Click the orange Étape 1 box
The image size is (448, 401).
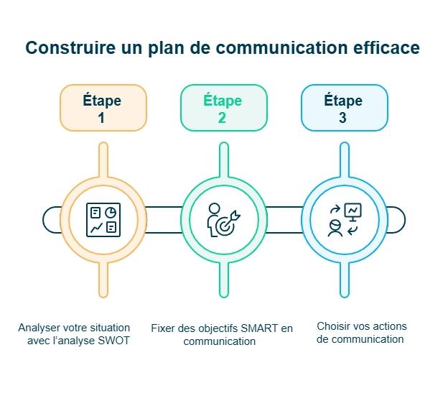click(103, 108)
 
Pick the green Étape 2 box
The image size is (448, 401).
click(223, 108)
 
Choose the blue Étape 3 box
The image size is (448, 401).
click(344, 108)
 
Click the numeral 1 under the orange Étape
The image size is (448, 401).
click(101, 118)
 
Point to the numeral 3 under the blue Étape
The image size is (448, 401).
click(343, 118)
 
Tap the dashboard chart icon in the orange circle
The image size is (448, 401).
click(103, 220)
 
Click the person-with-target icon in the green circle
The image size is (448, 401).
click(223, 220)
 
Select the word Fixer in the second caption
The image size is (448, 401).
click(163, 328)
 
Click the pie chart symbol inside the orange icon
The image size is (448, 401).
click(111, 212)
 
